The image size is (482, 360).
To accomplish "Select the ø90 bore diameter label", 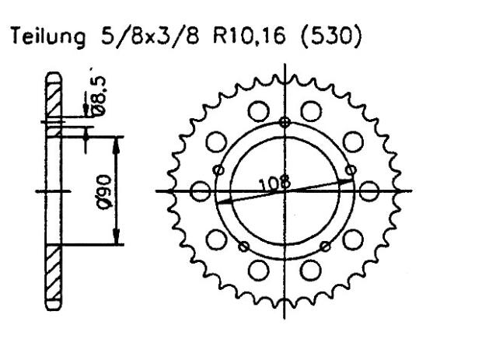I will coord(104,190).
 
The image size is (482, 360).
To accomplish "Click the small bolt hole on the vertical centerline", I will coord(285,122).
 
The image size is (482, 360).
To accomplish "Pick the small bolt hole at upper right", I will coord(351,169).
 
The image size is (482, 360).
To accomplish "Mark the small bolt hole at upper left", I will coord(219,170).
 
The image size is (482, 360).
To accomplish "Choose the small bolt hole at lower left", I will coord(244,246).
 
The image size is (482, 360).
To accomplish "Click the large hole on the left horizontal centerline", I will coord(199,191).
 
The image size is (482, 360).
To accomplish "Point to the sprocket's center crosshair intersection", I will coord(285,191).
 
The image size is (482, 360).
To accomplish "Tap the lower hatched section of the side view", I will coord(54,276).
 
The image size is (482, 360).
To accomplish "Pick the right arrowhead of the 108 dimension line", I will coord(349,180).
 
